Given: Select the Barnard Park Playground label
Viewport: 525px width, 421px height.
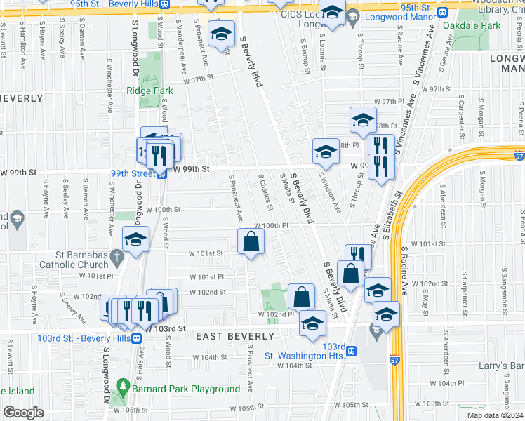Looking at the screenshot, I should click(185, 389).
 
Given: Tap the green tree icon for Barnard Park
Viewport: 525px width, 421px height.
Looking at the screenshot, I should click(123, 387).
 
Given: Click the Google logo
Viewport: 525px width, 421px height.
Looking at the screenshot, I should click(22, 413).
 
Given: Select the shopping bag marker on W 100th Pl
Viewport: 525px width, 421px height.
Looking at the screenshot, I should click(251, 242).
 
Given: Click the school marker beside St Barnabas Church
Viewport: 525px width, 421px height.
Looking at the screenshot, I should click(135, 239).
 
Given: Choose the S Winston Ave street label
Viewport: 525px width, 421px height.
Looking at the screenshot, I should click(331, 193).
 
